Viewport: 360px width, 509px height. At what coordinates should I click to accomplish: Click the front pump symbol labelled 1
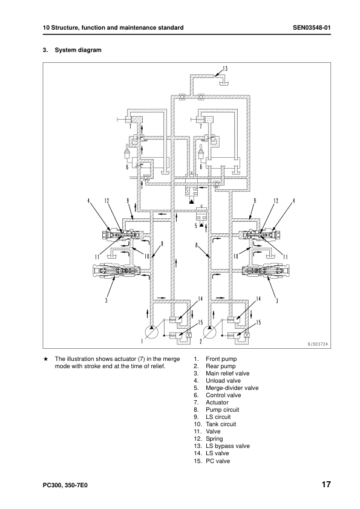pyautogui.click(x=151, y=332)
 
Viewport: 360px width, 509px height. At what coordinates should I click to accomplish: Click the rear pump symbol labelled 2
pyautogui.click(x=209, y=332)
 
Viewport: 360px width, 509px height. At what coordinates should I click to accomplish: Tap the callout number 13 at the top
pyautogui.click(x=225, y=68)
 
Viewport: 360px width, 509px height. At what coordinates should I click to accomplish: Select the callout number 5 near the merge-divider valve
pyautogui.click(x=195, y=225)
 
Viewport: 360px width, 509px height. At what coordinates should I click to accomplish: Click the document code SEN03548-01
pyautogui.click(x=312, y=28)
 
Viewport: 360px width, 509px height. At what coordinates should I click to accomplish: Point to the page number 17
pyautogui.click(x=326, y=484)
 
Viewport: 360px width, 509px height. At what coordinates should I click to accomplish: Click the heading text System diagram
pyautogui.click(x=78, y=50)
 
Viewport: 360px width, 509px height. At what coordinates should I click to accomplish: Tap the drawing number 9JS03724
pyautogui.click(x=317, y=345)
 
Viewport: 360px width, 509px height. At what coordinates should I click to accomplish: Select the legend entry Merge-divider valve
pyautogui.click(x=232, y=388)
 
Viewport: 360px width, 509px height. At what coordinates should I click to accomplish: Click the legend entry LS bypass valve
pyautogui.click(x=227, y=446)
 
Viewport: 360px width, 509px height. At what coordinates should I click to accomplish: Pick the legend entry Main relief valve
pyautogui.click(x=227, y=374)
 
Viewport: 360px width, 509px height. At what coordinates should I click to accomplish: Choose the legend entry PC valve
pyautogui.click(x=218, y=461)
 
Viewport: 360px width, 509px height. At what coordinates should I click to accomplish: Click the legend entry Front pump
pyautogui.click(x=221, y=358)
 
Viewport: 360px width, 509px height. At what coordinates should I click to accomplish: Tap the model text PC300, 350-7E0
pyautogui.click(x=65, y=485)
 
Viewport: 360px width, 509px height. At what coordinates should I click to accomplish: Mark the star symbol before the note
pyautogui.click(x=46, y=359)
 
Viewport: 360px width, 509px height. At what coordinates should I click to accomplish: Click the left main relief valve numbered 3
pyautogui.click(x=116, y=270)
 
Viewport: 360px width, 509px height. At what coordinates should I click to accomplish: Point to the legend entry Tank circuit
pyautogui.click(x=221, y=424)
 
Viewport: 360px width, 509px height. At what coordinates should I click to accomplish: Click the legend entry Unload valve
pyautogui.click(x=223, y=380)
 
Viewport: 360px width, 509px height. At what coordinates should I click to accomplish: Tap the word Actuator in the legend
pyautogui.click(x=217, y=402)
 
